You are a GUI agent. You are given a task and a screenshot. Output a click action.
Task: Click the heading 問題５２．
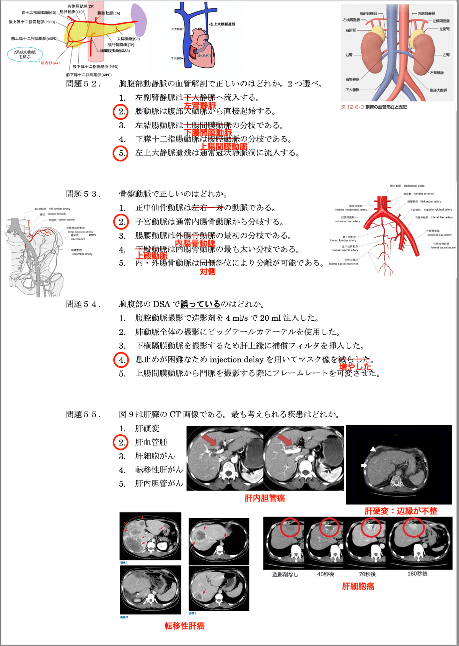83,84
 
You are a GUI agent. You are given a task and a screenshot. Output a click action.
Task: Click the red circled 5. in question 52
120,153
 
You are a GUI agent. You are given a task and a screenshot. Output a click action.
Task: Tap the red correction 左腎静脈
200,106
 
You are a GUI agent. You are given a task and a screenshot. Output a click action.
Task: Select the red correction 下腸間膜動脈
208,133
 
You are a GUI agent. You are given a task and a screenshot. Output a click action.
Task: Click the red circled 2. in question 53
120,222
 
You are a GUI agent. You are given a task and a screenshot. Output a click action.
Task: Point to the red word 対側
207,272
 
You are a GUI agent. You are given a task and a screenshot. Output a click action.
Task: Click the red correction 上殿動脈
152,256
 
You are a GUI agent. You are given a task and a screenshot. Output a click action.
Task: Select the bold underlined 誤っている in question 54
200,304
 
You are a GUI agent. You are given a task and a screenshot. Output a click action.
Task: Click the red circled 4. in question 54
121,360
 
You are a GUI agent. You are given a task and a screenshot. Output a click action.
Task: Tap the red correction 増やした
355,367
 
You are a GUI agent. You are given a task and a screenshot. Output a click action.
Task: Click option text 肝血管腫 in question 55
151,442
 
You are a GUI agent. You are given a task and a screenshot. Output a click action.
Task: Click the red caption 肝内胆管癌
265,498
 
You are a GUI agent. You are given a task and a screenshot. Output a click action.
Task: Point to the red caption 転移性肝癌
184,626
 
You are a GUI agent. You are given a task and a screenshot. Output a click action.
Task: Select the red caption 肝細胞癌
358,586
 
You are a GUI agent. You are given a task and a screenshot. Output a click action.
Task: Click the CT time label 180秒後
417,574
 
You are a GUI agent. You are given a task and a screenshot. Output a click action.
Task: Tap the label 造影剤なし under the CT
285,574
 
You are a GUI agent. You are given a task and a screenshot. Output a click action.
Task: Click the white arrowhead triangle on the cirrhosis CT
373,449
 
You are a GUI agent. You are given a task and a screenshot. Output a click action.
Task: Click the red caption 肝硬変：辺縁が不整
400,511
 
